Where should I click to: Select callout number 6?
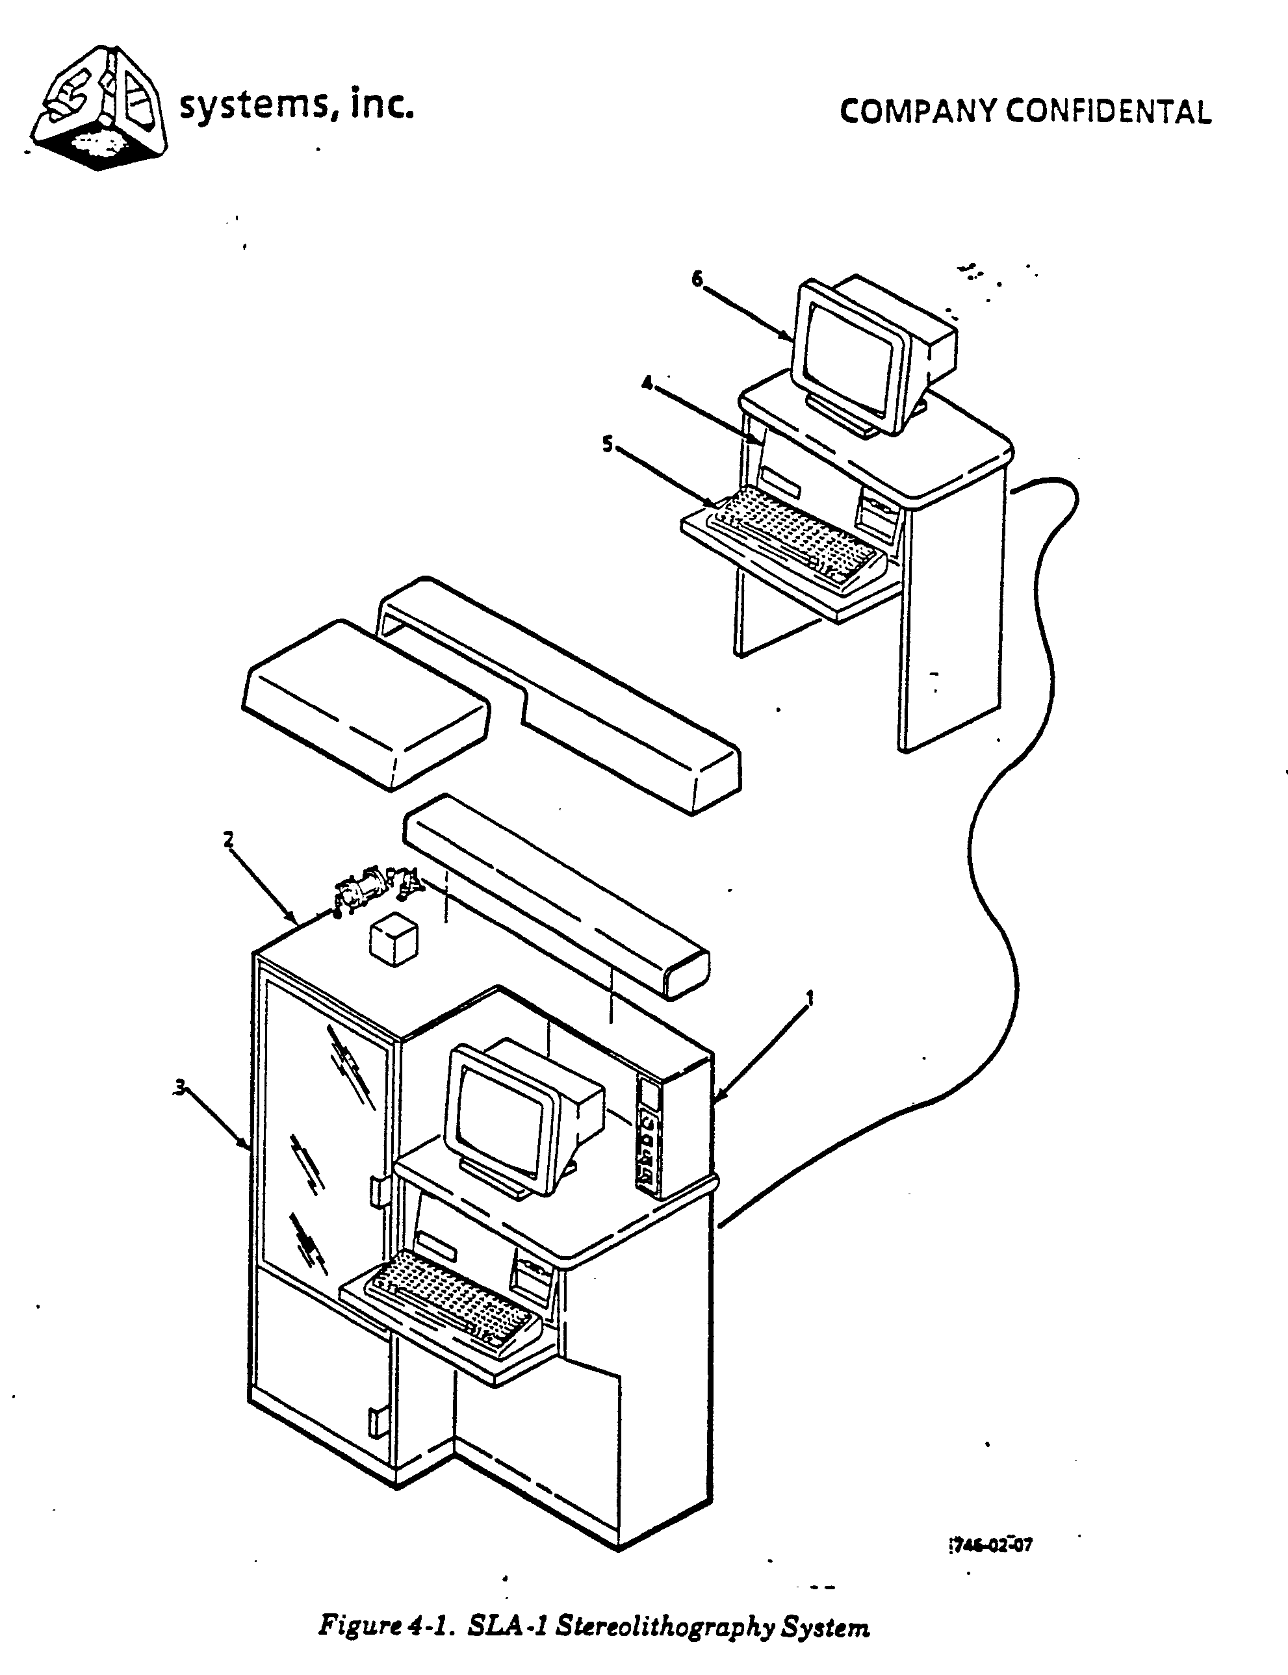696,279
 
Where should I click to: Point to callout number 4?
647,383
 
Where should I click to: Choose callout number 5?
607,444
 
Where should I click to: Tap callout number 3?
179,1086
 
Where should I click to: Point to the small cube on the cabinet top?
393,941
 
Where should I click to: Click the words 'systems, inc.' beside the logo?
297,106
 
